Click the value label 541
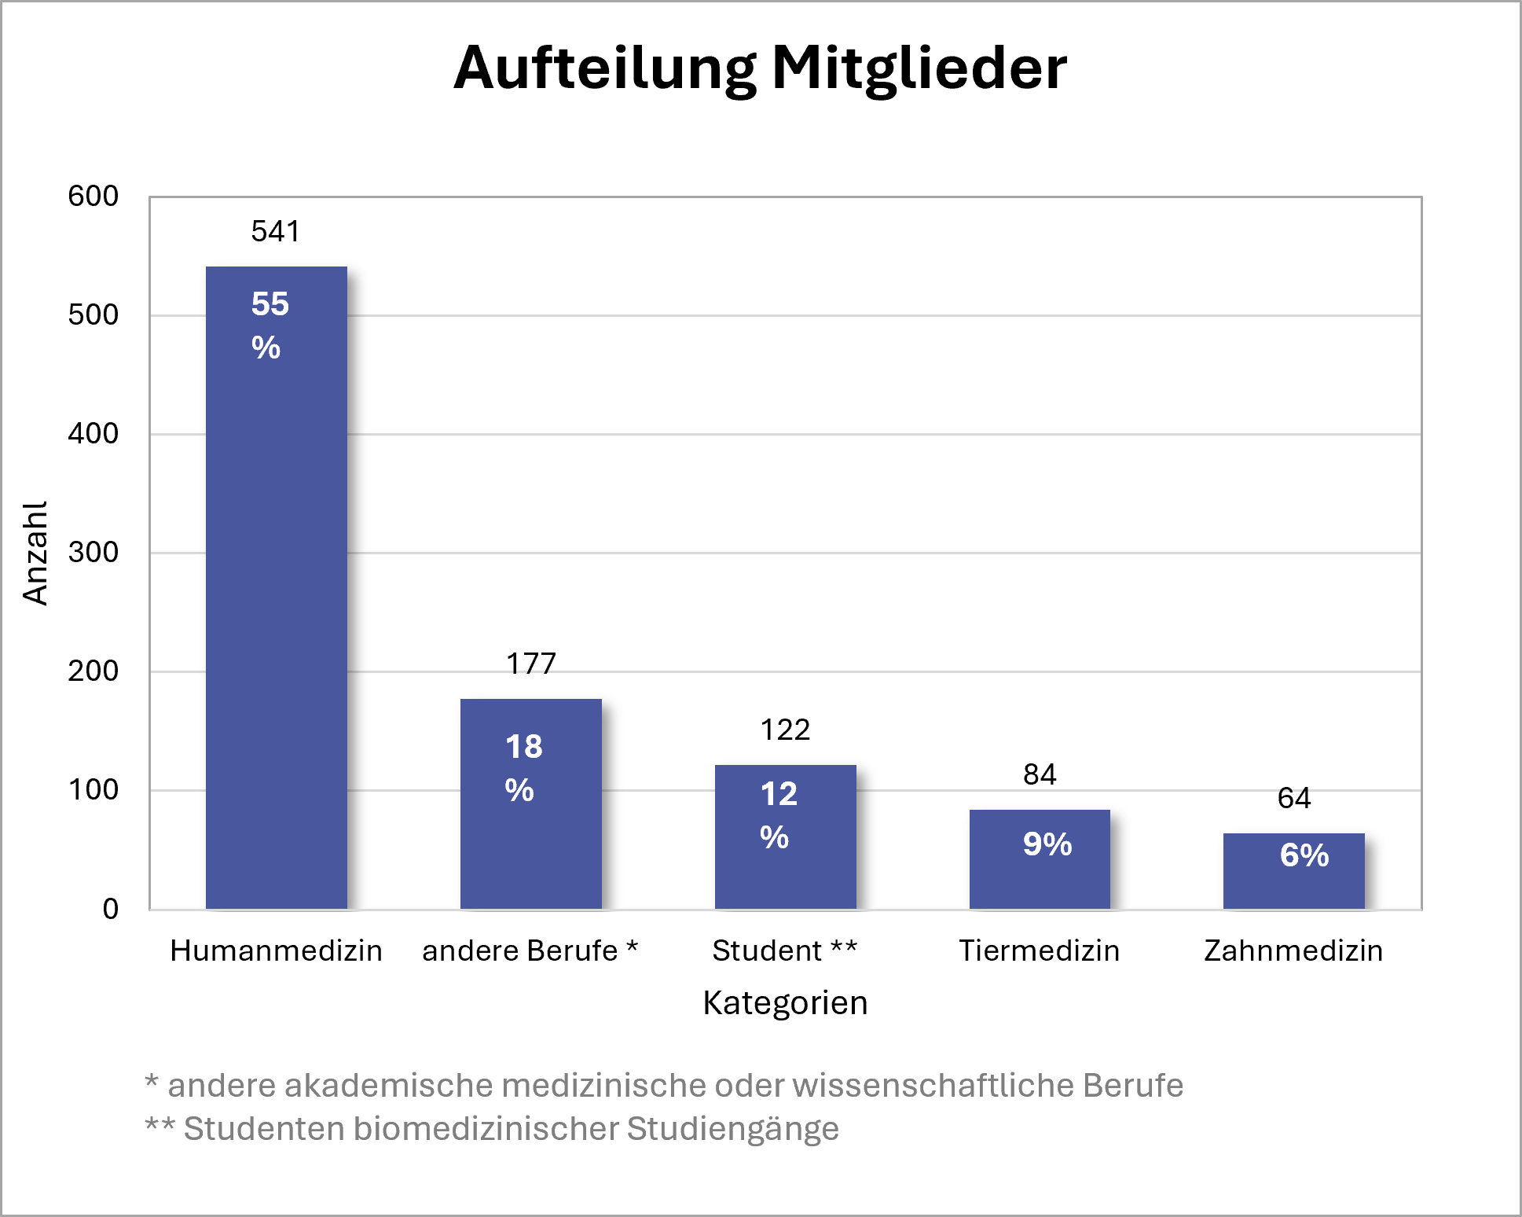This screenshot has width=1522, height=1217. [275, 231]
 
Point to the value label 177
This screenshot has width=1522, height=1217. [530, 664]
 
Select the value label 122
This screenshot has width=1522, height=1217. [785, 730]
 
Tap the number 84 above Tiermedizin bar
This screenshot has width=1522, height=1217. [1040, 774]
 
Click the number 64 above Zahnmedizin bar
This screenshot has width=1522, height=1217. [1293, 798]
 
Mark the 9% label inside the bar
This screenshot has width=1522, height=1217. [1047, 844]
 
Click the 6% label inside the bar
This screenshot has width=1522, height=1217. [1304, 855]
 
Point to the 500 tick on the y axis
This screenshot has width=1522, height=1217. [93, 314]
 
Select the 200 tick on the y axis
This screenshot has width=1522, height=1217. [93, 671]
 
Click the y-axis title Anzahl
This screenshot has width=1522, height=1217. [35, 553]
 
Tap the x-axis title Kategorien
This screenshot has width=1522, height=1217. [785, 1002]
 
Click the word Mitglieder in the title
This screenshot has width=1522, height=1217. [919, 68]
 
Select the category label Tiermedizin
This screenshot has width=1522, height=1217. [1039, 950]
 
